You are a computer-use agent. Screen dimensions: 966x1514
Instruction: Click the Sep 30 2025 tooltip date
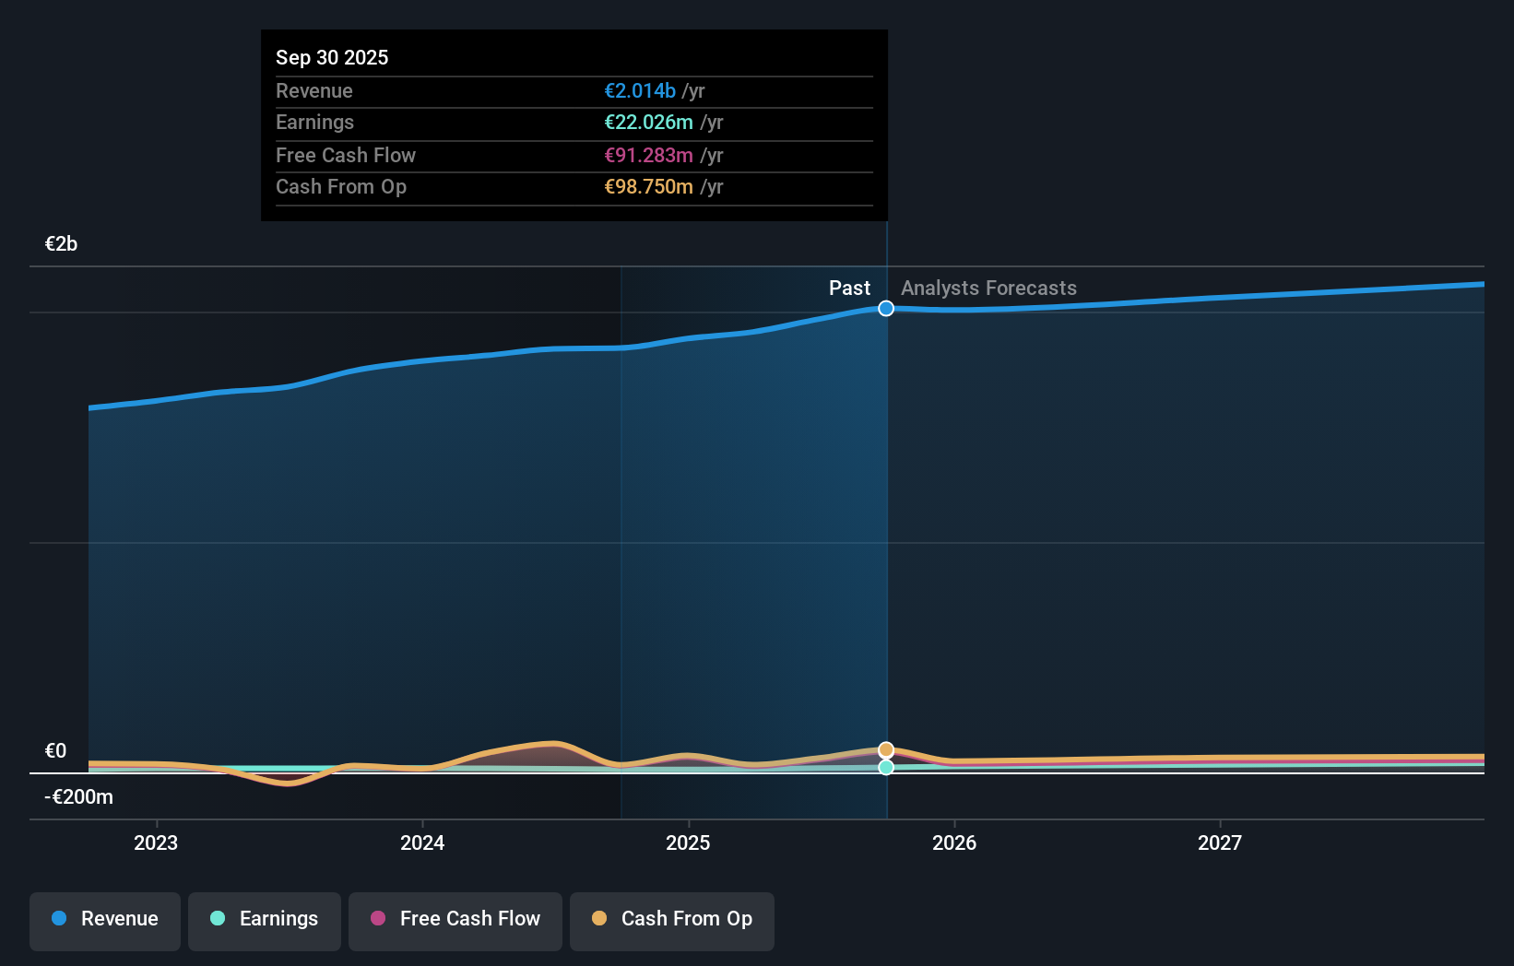332,57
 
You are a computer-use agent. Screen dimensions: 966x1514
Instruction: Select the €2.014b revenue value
640,90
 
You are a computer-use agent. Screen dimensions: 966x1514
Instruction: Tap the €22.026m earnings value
648,122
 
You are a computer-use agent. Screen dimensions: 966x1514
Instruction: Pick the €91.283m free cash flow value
648,155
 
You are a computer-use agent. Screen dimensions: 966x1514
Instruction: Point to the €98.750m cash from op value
648,186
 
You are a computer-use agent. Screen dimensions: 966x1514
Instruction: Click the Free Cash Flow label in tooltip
346,155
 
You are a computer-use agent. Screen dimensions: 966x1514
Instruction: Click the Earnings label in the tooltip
314,122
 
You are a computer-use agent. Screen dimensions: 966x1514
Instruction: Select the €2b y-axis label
61,243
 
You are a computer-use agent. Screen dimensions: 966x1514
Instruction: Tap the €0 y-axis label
55,750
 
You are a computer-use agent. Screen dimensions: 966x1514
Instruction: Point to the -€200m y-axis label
79,796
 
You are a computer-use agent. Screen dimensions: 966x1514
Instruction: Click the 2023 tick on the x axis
156,842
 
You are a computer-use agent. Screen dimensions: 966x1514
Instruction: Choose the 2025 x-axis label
688,842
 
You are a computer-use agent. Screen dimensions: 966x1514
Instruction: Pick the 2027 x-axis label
1219,842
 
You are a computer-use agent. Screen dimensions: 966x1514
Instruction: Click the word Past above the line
849,288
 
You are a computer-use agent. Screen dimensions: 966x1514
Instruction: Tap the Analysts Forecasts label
988,288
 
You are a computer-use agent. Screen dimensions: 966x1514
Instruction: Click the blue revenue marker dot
886,309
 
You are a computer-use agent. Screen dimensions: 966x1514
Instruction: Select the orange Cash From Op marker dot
886,750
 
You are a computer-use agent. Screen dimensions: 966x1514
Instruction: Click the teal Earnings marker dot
886,767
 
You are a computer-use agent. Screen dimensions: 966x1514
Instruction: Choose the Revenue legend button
105,919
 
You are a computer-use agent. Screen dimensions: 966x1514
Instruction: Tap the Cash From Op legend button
672,919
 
